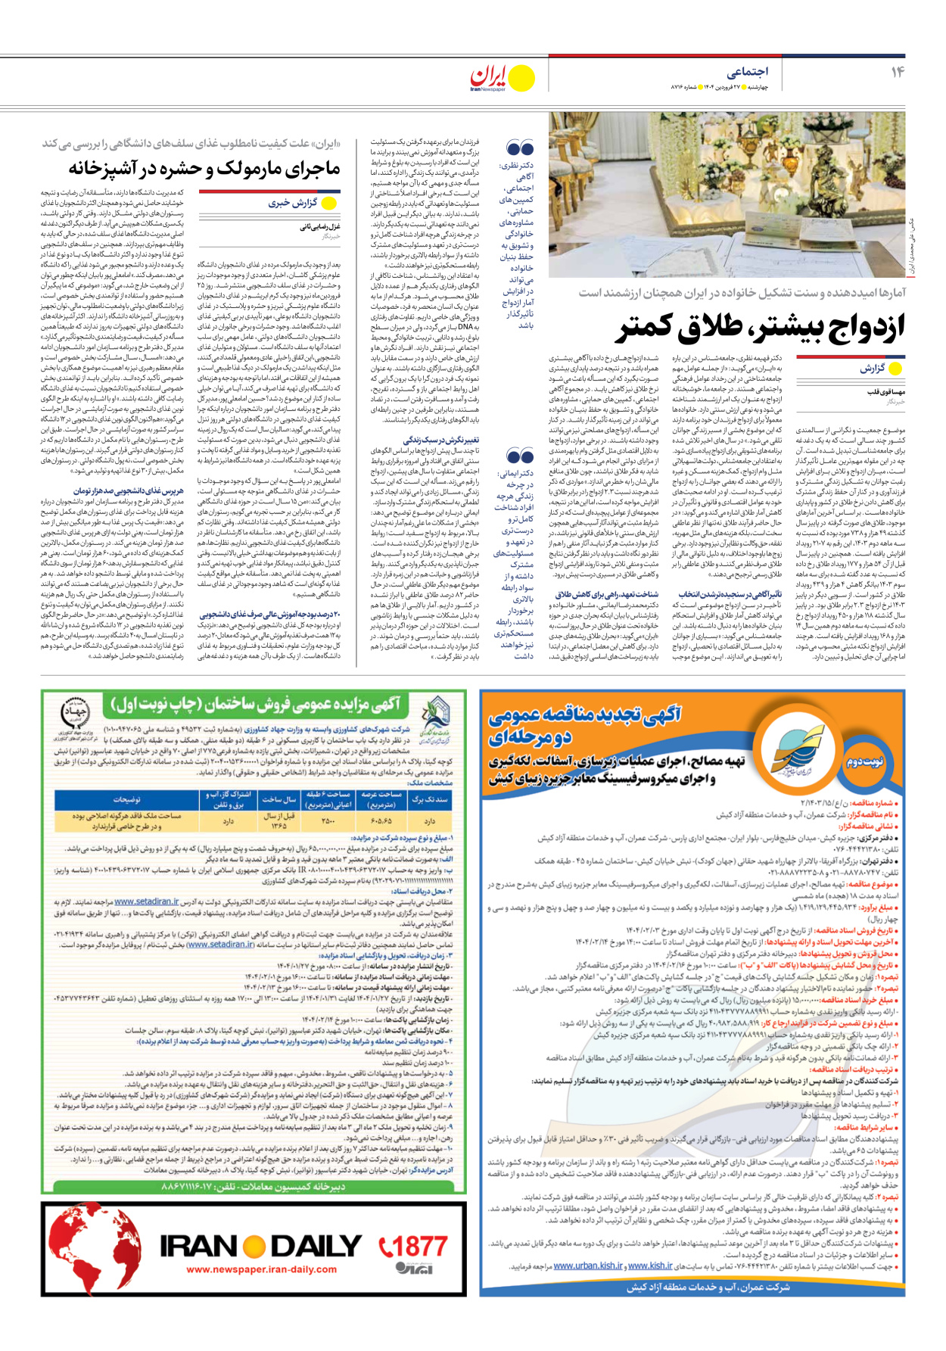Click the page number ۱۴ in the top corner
pos(897,72)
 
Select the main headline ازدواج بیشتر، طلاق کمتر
pos(761,327)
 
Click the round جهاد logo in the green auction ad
pos(74,713)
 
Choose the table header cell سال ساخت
pos(279,799)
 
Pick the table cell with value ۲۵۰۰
pos(328,820)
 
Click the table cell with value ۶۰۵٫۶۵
pos(381,820)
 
